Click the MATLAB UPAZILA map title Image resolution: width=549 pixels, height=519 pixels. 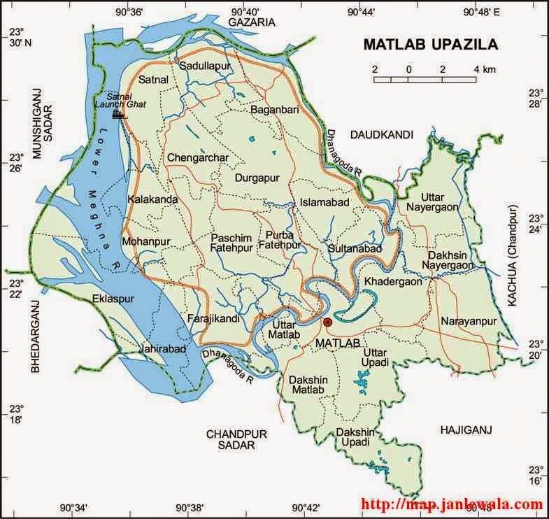point(430,45)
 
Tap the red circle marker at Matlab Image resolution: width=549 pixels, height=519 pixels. point(327,322)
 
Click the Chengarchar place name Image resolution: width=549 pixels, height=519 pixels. point(198,158)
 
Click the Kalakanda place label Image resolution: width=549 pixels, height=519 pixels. point(152,199)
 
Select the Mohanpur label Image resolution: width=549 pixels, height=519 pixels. point(145,241)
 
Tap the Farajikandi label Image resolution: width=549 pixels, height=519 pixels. point(214,319)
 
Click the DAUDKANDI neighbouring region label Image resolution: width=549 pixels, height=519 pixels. point(383,134)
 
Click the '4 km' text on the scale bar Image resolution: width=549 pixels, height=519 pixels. point(484,69)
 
